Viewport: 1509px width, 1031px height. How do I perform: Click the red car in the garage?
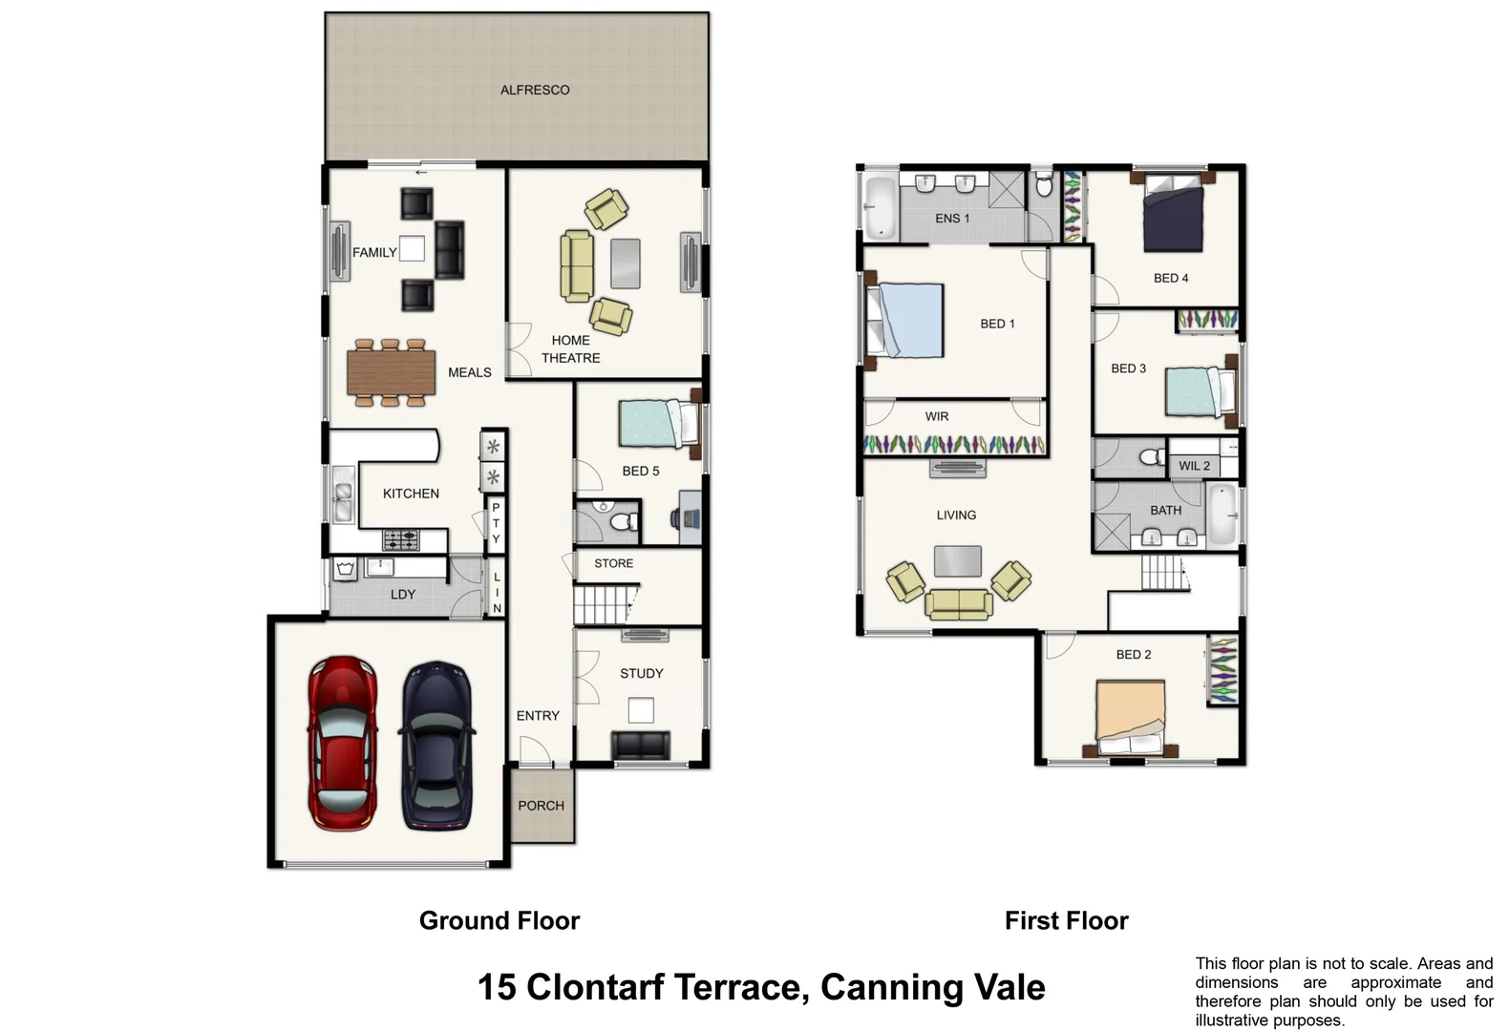[x=342, y=744]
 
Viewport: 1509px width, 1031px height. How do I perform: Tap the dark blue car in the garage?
[x=437, y=746]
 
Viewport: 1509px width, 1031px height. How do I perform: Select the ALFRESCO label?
[x=535, y=90]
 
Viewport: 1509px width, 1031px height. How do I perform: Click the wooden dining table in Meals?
[x=391, y=372]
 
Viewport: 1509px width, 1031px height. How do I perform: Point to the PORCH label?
[x=541, y=806]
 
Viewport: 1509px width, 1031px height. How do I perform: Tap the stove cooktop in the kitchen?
[x=401, y=539]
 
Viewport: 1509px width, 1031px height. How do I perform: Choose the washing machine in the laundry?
[x=346, y=569]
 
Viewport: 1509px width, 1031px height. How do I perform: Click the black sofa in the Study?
[x=641, y=746]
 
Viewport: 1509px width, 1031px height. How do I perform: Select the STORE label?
[x=614, y=563]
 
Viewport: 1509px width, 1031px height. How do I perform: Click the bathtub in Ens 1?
[x=880, y=207]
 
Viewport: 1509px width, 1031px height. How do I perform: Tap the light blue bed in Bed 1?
[x=905, y=320]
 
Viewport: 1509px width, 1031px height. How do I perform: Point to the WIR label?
[x=936, y=416]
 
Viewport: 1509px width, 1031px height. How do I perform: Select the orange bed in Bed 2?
[x=1131, y=717]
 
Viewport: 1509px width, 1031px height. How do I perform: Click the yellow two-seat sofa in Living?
[x=959, y=603]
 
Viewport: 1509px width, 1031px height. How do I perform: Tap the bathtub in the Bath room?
[x=1222, y=515]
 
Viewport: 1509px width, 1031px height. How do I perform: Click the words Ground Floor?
[x=499, y=920]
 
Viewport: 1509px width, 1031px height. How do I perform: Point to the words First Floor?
[x=1067, y=920]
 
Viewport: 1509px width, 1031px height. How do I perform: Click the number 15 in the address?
[x=498, y=987]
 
